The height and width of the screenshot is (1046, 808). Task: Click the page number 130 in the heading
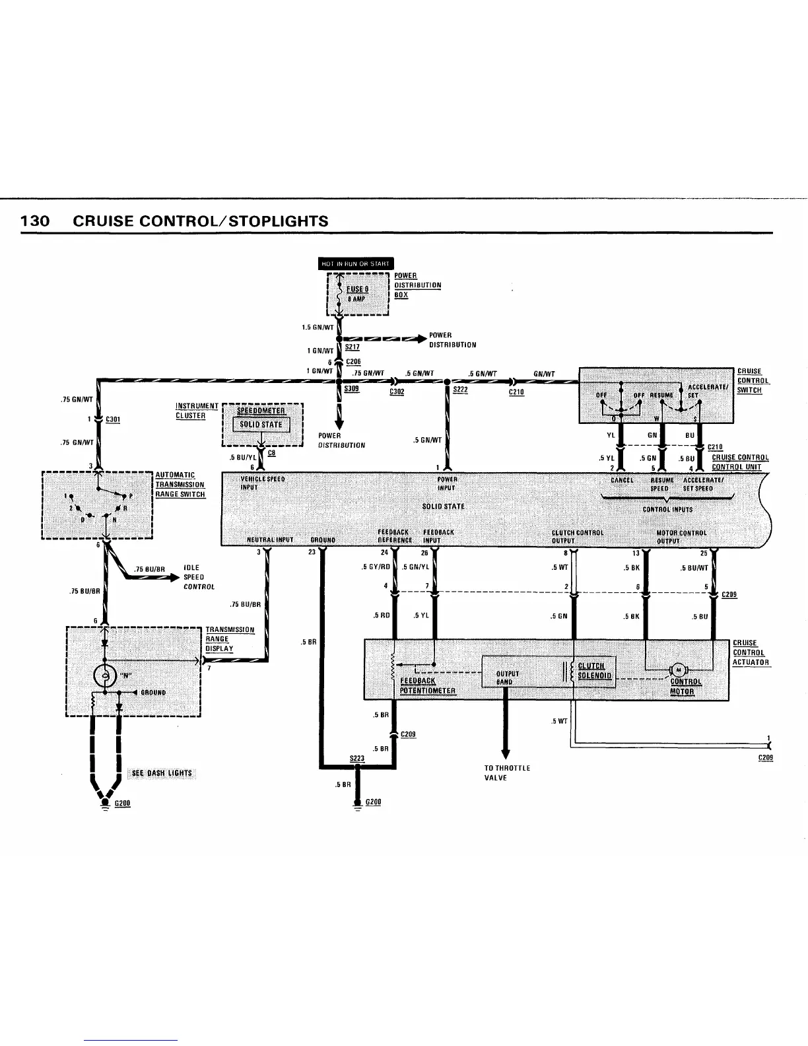[35, 221]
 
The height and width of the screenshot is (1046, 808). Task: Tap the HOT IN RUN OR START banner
[356, 264]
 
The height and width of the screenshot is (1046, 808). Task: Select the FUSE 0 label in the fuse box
[359, 289]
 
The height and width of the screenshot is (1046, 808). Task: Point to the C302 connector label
[397, 392]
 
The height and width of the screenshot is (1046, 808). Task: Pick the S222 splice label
[460, 390]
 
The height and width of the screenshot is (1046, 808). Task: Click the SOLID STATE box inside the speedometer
[261, 425]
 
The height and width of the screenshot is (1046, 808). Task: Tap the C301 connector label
[113, 419]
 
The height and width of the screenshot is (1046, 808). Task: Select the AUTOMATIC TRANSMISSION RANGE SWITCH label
[180, 485]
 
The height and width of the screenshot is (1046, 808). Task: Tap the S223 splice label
[357, 759]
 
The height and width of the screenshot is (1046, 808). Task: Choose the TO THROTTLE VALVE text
[507, 773]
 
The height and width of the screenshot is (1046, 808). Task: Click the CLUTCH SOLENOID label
[595, 670]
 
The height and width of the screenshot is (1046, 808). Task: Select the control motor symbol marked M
[678, 670]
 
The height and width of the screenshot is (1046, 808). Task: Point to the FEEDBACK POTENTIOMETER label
[427, 685]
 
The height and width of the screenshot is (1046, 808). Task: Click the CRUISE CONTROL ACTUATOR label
[751, 652]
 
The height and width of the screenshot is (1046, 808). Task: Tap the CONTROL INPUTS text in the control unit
[667, 509]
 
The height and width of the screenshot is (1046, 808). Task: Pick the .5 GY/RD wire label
[376, 567]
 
